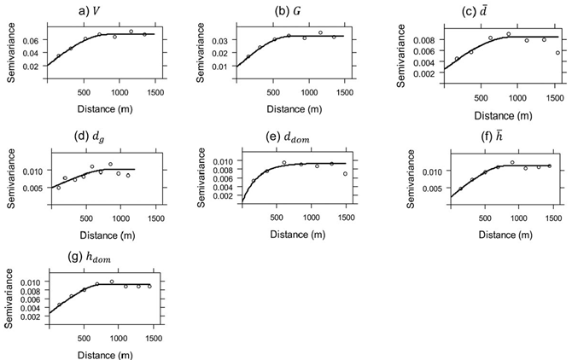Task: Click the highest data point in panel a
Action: pos(131,32)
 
